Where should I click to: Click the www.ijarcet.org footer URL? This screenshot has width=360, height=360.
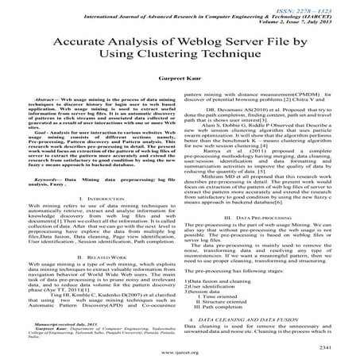pyautogui.click(x=180, y=354)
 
